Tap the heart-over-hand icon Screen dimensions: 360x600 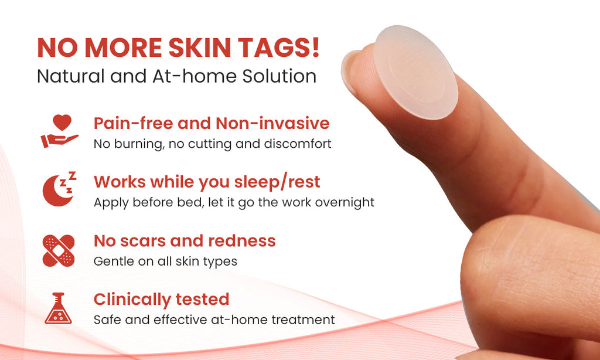tap(59, 131)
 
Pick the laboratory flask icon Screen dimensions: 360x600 tap(59, 308)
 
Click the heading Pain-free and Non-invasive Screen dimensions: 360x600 tap(211, 123)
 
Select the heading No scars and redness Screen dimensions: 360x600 tap(184, 240)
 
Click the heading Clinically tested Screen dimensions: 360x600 tap(161, 299)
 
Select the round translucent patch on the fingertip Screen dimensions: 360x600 tap(416, 72)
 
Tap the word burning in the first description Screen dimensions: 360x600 tap(140, 144)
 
